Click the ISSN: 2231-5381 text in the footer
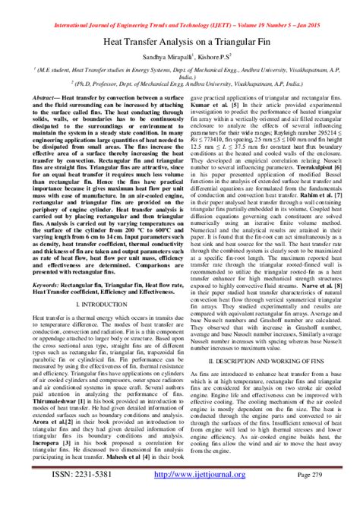(x=72, y=495)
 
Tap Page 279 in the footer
(x=310, y=495)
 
